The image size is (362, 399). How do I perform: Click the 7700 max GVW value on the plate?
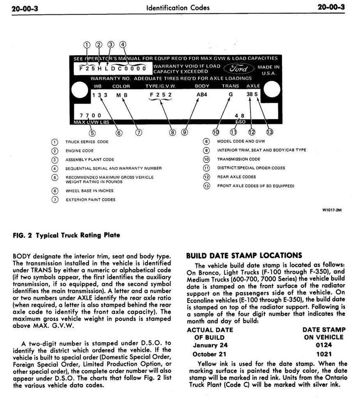(x=91, y=115)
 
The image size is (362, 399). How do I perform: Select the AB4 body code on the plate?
(x=202, y=95)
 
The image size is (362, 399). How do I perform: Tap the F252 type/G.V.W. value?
(x=160, y=95)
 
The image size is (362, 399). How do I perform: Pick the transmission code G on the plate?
(x=230, y=95)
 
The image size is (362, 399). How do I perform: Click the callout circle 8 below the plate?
(x=173, y=132)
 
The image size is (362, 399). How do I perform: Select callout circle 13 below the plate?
(x=269, y=132)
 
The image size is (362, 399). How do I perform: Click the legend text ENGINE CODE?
(x=80, y=151)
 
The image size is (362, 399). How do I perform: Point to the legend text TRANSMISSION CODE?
(x=239, y=159)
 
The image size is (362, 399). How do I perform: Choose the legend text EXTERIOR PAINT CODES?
(x=90, y=200)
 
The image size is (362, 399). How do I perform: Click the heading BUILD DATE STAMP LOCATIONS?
(x=244, y=256)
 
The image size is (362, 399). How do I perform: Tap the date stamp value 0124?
(x=324, y=345)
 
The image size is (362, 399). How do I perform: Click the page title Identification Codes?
(x=178, y=7)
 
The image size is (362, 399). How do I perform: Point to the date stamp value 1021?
(x=324, y=354)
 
